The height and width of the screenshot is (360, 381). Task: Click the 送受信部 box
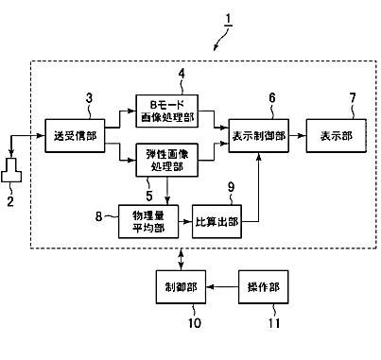click(75, 136)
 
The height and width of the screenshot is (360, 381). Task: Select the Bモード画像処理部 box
click(167, 111)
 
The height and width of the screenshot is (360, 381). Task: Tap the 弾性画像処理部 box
click(167, 160)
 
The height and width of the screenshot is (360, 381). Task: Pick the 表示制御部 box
click(259, 136)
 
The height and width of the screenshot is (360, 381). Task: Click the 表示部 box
click(337, 136)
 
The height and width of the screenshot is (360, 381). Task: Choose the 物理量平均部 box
click(148, 221)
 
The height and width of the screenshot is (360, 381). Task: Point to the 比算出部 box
click(216, 221)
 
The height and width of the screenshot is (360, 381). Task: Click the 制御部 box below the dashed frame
click(181, 287)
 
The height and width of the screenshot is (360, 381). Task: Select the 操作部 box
click(264, 287)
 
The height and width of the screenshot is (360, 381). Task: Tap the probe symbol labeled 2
click(11, 170)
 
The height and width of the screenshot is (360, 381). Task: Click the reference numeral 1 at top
click(228, 21)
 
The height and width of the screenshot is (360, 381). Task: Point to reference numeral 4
click(182, 74)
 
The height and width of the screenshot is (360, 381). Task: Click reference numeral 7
click(353, 98)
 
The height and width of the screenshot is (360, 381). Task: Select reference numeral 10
click(195, 323)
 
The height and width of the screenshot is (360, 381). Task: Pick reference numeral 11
click(274, 323)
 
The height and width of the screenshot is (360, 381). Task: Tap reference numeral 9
click(232, 187)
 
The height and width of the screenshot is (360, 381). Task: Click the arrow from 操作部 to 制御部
click(222, 287)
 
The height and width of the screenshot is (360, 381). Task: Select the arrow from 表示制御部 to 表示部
click(298, 136)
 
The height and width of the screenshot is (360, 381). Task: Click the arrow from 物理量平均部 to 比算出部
click(185, 221)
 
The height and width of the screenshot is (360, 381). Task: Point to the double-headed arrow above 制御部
click(181, 259)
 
